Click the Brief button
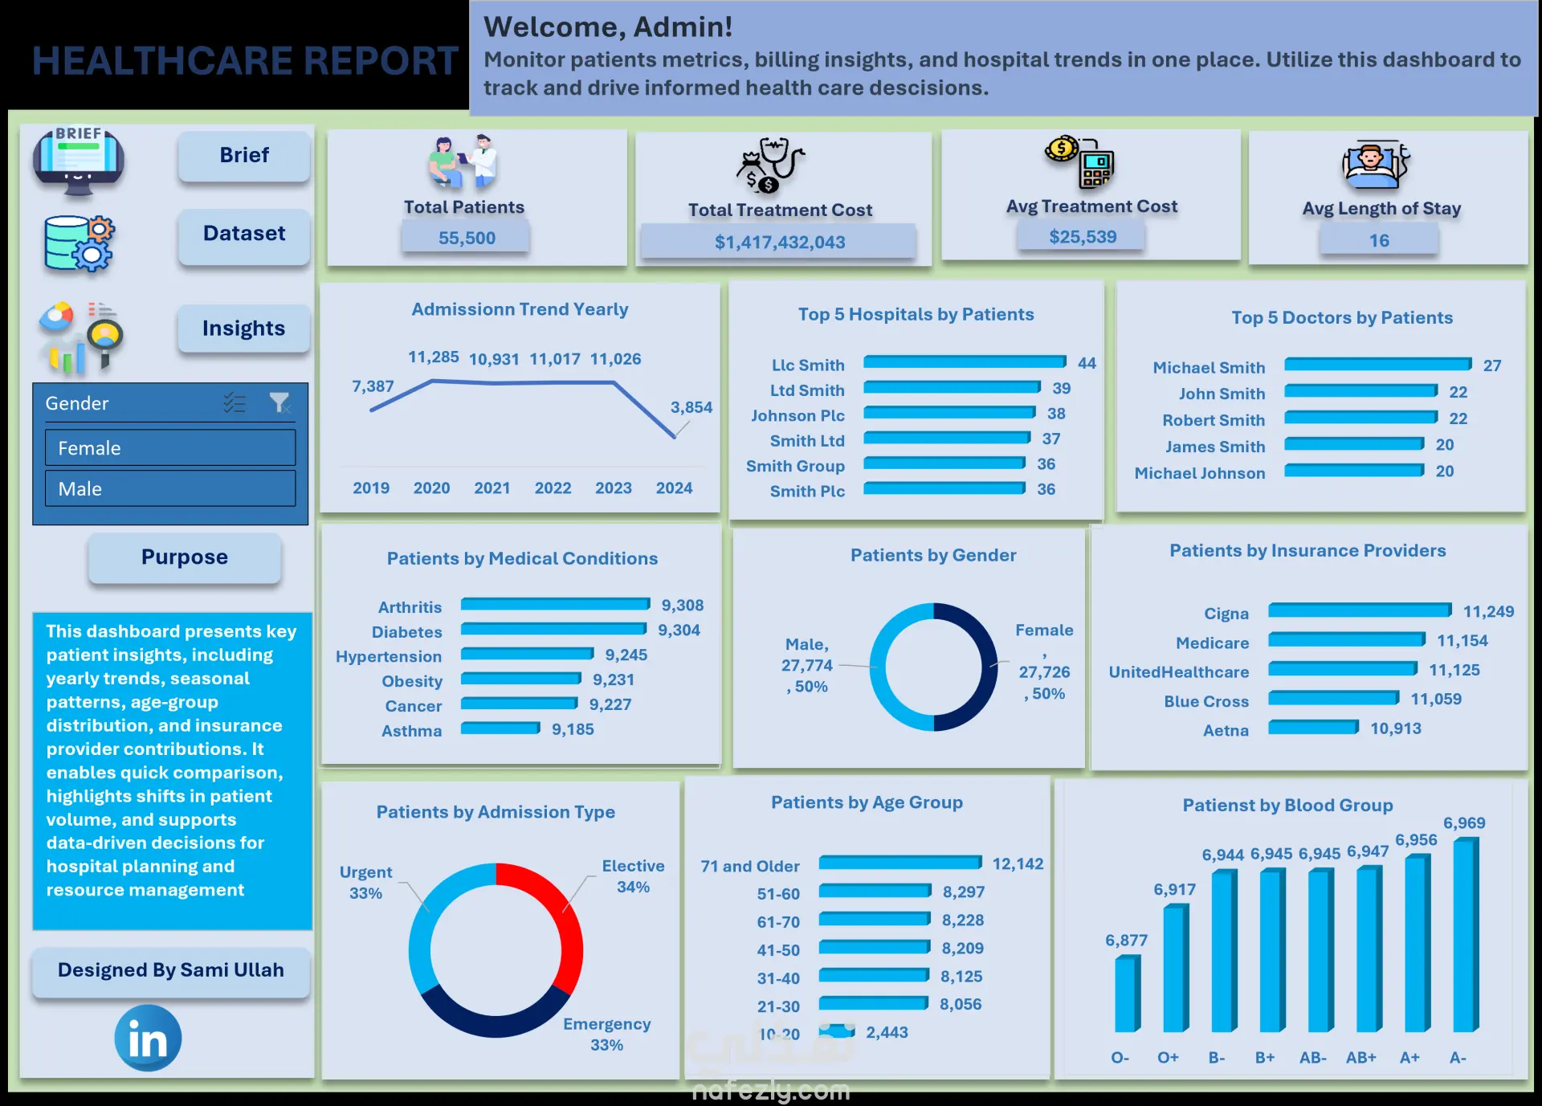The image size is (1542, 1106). (x=244, y=156)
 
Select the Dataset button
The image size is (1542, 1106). (x=244, y=235)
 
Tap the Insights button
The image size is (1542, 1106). (x=244, y=329)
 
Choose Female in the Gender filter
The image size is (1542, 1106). (x=170, y=448)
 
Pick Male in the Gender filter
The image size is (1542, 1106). (x=170, y=488)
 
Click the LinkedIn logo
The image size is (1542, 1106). (x=148, y=1038)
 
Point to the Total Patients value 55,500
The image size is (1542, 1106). (x=467, y=238)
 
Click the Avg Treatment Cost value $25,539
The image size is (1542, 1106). (x=1083, y=237)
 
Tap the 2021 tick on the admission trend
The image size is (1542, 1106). (x=492, y=488)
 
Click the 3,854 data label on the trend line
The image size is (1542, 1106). (x=691, y=407)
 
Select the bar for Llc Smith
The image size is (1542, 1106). (x=965, y=362)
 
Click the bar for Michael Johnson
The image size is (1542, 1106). (x=1354, y=471)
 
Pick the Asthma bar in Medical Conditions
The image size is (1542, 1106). (x=500, y=728)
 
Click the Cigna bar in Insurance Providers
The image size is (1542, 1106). (x=1360, y=610)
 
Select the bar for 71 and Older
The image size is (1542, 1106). (x=900, y=863)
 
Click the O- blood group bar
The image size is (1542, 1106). (x=1128, y=994)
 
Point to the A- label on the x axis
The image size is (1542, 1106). (x=1458, y=1058)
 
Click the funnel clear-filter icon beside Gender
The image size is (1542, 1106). (x=279, y=402)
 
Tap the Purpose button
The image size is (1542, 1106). (x=185, y=557)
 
